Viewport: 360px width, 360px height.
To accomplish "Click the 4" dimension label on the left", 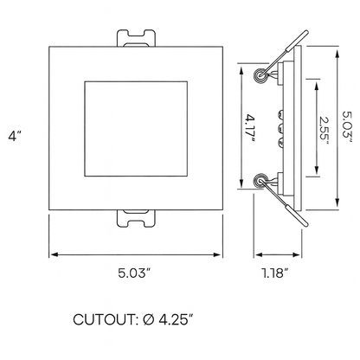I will [13, 138].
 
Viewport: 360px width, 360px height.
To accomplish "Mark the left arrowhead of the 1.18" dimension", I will [256, 254].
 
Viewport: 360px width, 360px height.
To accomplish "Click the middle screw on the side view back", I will [282, 130].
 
